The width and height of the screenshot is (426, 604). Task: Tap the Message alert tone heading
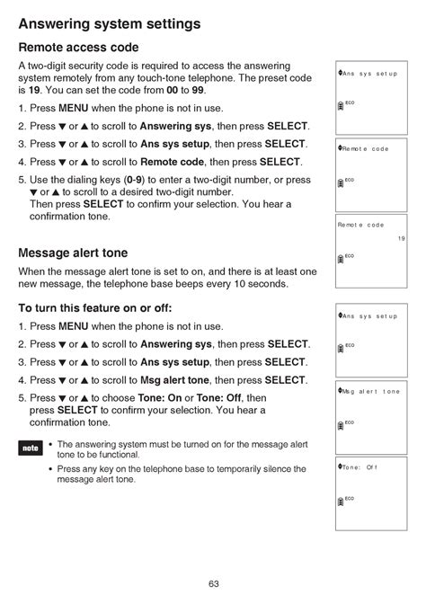click(x=73, y=253)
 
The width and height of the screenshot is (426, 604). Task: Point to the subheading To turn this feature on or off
click(x=94, y=307)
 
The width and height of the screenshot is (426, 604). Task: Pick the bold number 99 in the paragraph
click(x=211, y=91)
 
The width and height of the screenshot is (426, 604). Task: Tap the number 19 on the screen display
click(x=401, y=238)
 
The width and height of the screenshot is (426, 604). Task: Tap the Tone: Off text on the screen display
click(x=359, y=466)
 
